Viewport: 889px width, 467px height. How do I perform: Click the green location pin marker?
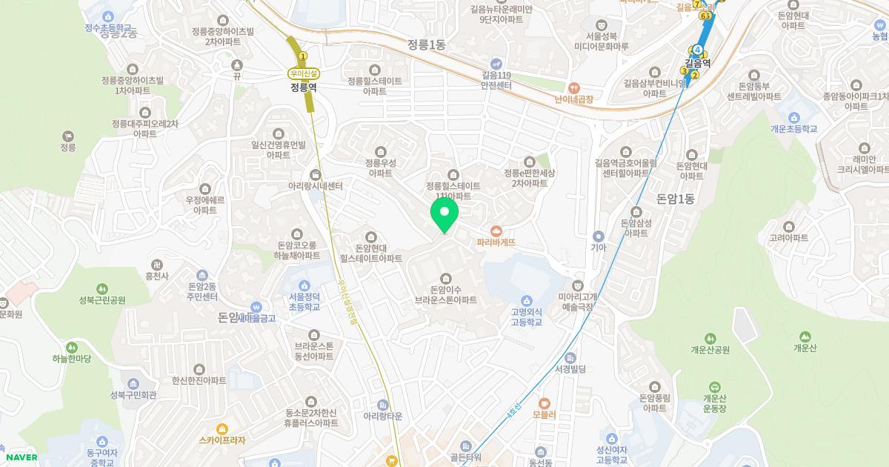click(444, 215)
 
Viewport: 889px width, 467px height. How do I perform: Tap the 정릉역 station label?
click(304, 87)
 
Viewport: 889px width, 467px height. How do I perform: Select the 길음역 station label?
click(697, 64)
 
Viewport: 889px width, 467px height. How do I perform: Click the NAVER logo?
click(19, 457)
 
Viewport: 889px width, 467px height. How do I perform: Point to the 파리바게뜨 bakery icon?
click(496, 230)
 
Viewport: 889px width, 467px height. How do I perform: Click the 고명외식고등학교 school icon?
click(526, 300)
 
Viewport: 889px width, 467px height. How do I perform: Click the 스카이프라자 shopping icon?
click(222, 428)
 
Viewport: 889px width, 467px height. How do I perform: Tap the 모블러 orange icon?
click(544, 403)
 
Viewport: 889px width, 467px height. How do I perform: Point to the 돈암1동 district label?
click(675, 199)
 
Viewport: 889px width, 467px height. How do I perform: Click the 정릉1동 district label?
click(426, 44)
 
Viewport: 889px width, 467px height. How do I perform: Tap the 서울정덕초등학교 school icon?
click(304, 286)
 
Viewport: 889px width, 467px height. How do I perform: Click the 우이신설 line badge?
click(304, 73)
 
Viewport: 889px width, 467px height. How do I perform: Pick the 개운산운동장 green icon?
click(714, 387)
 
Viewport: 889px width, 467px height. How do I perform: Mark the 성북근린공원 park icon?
click(102, 288)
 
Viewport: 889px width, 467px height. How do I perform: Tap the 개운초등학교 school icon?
click(793, 117)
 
